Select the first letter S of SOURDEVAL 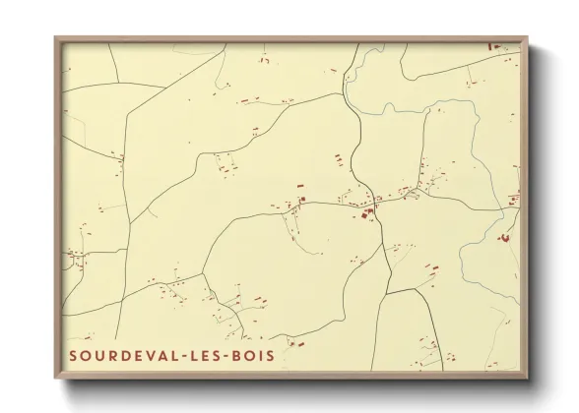coord(73,355)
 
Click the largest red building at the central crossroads coord(368,212)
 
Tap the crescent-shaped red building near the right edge coord(505,237)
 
